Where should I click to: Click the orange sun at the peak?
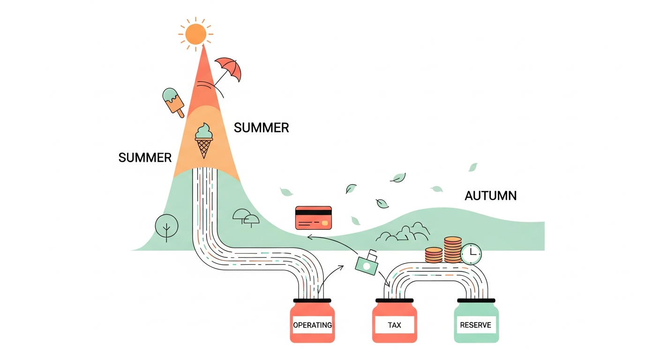195,34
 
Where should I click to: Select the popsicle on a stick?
173,102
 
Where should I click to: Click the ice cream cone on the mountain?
204,141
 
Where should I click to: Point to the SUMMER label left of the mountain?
145,157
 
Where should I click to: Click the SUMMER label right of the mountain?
262,128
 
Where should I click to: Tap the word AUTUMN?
491,196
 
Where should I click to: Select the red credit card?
314,217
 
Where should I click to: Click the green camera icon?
367,263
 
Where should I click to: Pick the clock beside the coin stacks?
471,254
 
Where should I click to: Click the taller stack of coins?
452,249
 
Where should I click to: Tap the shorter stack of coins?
434,255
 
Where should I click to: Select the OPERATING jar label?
312,325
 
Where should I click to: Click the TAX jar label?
395,325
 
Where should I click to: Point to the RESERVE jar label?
476,325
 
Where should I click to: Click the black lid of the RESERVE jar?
476,300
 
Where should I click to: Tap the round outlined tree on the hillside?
166,226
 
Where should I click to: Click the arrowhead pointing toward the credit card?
309,236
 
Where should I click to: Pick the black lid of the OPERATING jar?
312,300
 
